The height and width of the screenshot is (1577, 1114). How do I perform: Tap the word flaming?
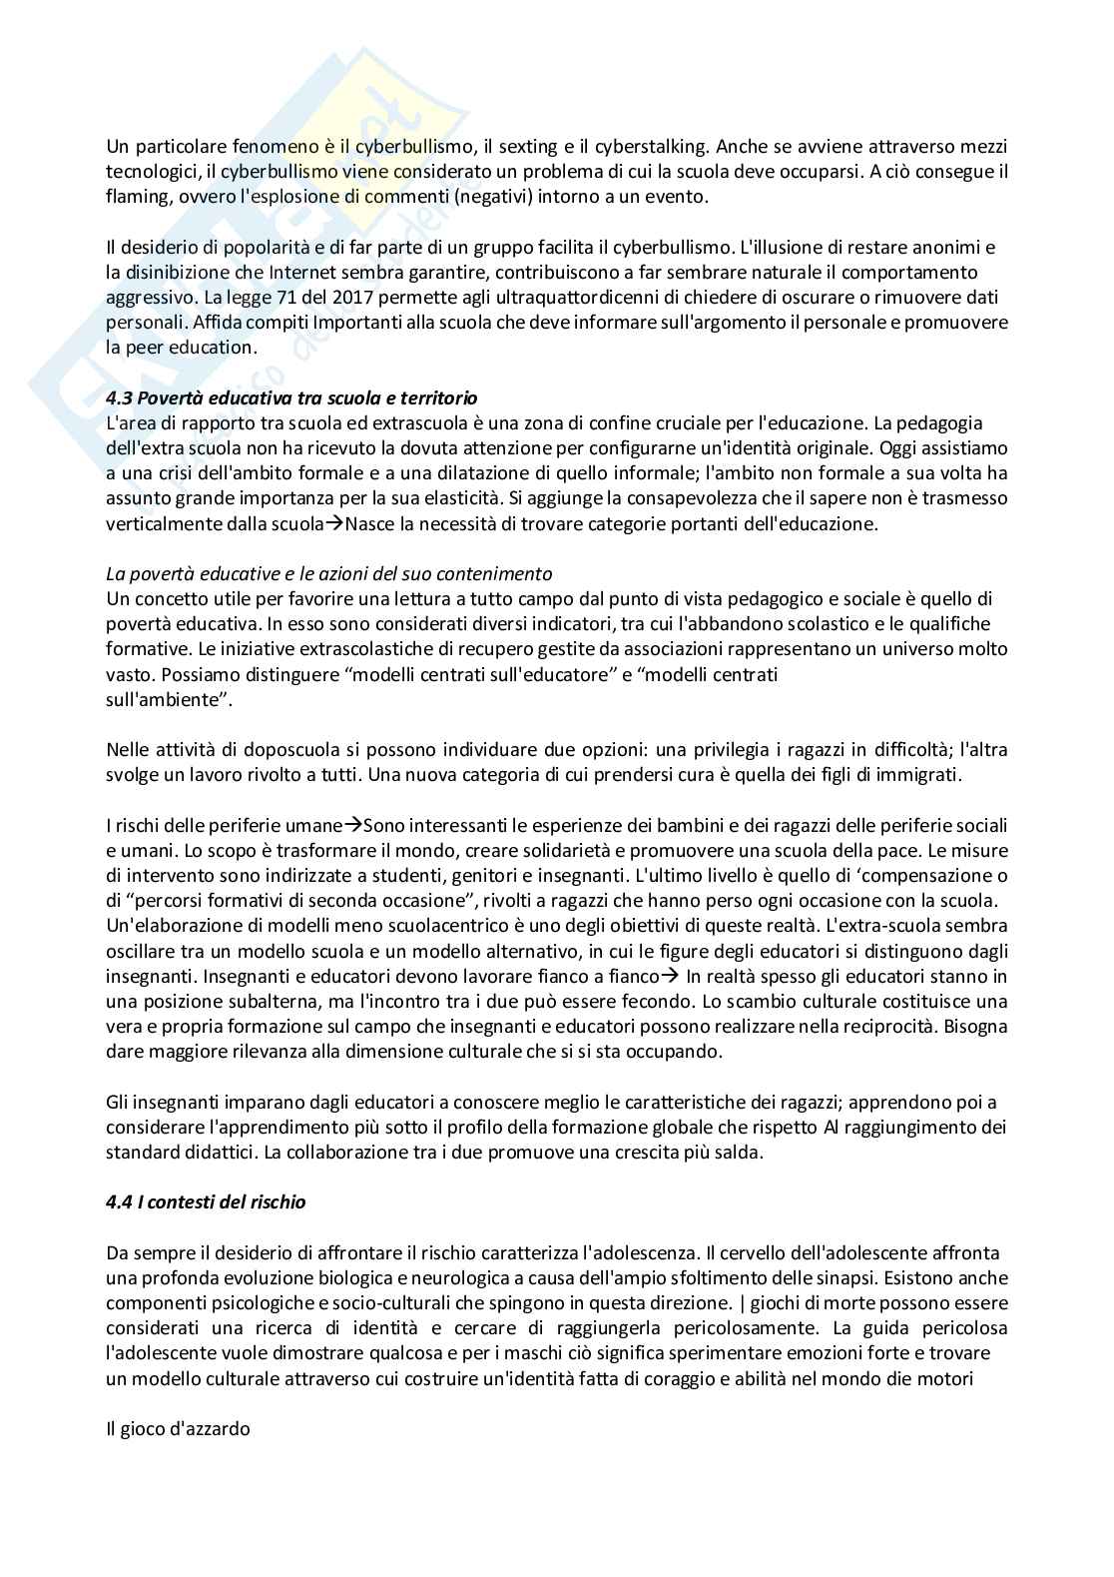pos(134,196)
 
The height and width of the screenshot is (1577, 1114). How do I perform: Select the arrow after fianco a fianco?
pos(671,976)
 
